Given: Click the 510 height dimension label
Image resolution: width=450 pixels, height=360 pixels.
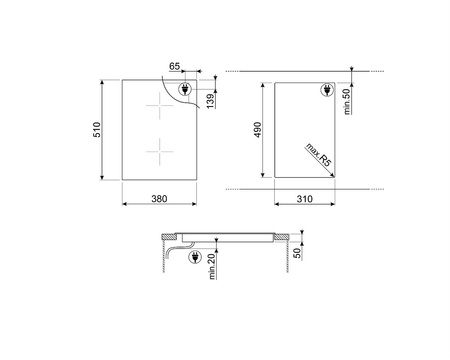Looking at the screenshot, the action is click(97, 130).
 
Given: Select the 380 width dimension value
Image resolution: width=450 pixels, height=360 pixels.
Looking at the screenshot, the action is click(159, 199).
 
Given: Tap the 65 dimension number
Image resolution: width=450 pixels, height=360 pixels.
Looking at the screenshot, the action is click(174, 66).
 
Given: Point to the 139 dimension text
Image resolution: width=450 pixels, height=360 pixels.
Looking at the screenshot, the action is click(210, 101).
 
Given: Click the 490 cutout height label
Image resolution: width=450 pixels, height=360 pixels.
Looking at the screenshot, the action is click(258, 130).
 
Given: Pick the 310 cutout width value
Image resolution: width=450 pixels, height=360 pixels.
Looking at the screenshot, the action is click(305, 199).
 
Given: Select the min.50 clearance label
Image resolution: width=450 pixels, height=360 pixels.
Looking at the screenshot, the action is click(347, 102).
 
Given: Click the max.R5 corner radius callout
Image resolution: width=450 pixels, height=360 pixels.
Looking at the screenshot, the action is click(319, 155).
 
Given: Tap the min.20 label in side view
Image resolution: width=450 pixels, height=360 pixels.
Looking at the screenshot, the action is click(212, 266).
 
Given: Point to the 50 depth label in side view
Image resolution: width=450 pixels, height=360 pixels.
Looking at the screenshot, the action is click(297, 253).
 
